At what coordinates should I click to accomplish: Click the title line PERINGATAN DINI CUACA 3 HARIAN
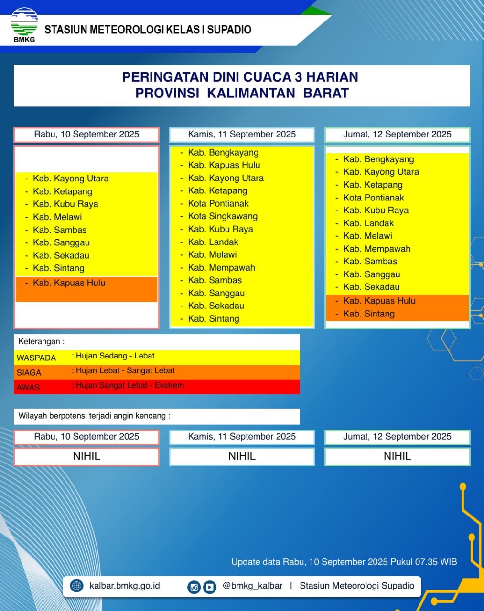[240, 77]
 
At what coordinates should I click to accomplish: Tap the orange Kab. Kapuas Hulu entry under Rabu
[69, 283]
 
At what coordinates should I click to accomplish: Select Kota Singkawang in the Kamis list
[223, 216]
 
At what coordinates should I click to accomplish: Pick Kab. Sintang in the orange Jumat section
[369, 314]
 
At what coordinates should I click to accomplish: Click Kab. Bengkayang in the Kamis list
[223, 153]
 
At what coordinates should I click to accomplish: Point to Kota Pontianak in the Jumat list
[374, 198]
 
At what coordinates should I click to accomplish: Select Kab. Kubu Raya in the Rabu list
[65, 204]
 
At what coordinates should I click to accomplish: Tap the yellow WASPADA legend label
[36, 358]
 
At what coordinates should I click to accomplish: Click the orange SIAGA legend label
[29, 373]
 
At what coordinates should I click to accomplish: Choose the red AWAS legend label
[28, 388]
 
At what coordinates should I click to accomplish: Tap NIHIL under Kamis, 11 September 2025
[242, 456]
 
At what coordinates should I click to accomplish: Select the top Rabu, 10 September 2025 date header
[86, 135]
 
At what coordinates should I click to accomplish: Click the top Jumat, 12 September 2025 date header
[397, 135]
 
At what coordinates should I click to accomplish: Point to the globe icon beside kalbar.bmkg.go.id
[76, 586]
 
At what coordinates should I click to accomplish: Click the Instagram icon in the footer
[194, 587]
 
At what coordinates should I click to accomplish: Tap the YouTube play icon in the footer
[210, 587]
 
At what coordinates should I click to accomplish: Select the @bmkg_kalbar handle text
[252, 586]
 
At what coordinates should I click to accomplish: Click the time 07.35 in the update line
[426, 562]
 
